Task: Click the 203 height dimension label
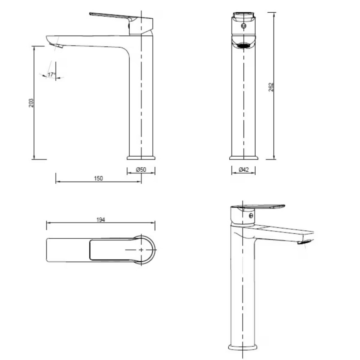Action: (31, 103)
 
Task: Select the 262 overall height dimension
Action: (271, 87)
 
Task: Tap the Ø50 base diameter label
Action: (141, 170)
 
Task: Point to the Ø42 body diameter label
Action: (244, 170)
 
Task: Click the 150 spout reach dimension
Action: (99, 179)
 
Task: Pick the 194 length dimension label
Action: (100, 220)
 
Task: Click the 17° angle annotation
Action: (51, 75)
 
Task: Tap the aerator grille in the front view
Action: (243, 45)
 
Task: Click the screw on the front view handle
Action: (244, 26)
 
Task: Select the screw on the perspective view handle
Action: (251, 216)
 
